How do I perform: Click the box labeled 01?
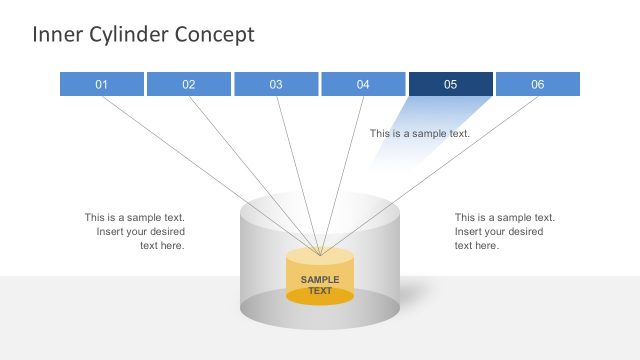[101, 84]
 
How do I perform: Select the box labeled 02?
[188, 84]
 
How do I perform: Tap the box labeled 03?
[276, 84]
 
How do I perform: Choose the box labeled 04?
[363, 84]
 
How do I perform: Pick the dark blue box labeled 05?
[450, 84]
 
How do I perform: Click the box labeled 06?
[538, 84]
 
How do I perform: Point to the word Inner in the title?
[54, 34]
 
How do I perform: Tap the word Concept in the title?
[214, 34]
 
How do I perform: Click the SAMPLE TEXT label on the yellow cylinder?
[320, 285]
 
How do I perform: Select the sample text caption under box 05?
[419, 133]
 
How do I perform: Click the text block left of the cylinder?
[135, 231]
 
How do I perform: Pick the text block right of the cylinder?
[504, 231]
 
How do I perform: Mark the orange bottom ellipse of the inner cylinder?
[320, 296]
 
